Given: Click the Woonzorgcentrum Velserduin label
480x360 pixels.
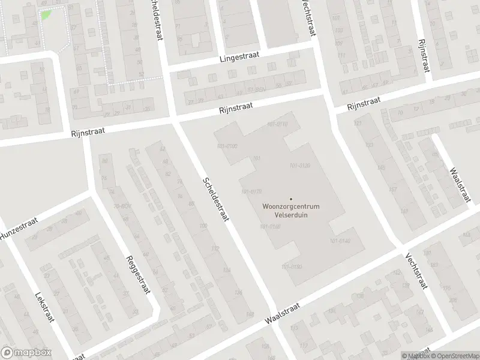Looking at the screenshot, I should pyautogui.click(x=291, y=211).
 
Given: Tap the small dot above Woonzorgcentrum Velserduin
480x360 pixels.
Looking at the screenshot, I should pyautogui.click(x=291, y=199).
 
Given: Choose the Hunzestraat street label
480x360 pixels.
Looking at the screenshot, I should pyautogui.click(x=18, y=229).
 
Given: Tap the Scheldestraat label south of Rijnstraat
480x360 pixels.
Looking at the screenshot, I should pyautogui.click(x=216, y=200).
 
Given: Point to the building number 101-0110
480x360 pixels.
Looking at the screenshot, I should pyautogui.click(x=277, y=124).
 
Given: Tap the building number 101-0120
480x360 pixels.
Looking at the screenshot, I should pyautogui.click(x=299, y=166).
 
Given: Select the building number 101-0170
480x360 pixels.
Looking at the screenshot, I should pyautogui.click(x=251, y=191).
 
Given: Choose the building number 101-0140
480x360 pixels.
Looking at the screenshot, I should pyautogui.click(x=340, y=241).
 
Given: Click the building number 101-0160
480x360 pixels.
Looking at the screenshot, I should pyautogui.click(x=271, y=226).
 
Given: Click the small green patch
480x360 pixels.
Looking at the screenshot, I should pyautogui.click(x=46, y=13).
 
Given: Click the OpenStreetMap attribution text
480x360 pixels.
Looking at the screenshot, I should pyautogui.click(x=454, y=356).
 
